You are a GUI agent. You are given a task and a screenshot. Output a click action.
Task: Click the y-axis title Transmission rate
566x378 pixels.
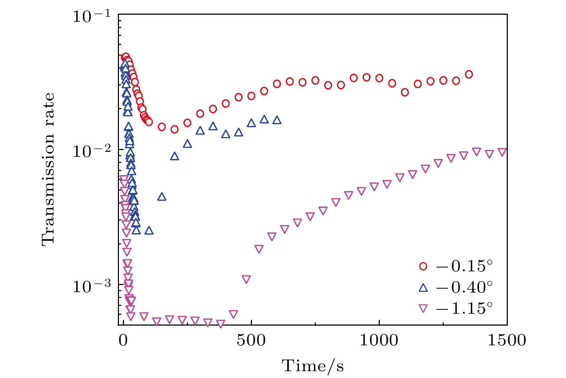[48, 169]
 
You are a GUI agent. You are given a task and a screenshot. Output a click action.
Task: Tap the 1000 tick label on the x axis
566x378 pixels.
[379, 340]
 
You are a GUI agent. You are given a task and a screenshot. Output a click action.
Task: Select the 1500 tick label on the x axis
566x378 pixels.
[506, 340]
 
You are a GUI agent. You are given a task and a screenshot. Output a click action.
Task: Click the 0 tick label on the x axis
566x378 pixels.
[123, 340]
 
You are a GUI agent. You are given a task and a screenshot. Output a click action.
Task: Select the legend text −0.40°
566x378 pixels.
[464, 287]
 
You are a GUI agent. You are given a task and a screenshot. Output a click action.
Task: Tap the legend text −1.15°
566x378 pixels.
[464, 308]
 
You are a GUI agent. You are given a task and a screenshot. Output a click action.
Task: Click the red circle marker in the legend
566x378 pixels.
[423, 266]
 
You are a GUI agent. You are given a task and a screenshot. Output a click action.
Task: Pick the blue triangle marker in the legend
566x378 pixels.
[423, 287]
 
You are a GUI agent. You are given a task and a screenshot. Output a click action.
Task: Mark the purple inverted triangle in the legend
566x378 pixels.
[423, 308]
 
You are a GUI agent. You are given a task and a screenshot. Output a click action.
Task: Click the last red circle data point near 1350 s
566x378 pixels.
[469, 74]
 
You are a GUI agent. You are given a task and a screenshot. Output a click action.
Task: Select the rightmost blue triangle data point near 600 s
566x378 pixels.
[277, 120]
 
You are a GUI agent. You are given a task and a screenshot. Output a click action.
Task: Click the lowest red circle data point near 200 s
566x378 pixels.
[174, 129]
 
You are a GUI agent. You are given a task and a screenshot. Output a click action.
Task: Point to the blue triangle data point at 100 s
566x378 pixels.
[149, 230]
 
